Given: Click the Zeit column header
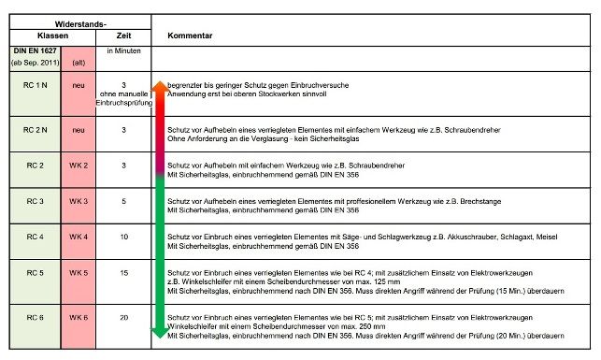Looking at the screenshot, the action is (x=122, y=34).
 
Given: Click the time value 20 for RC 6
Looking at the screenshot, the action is (x=122, y=318).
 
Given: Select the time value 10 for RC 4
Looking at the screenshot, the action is (x=122, y=238).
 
